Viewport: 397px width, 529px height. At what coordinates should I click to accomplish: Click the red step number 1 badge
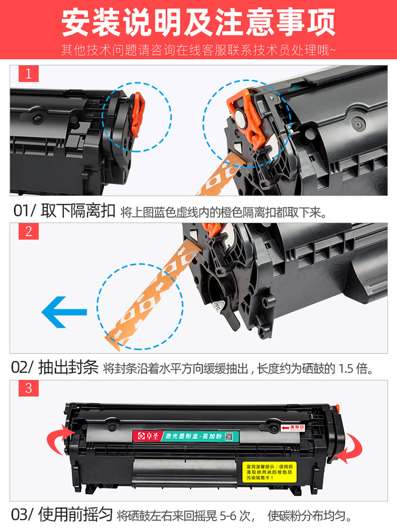click(x=29, y=74)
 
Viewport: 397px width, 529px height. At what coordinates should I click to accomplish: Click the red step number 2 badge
click(x=29, y=231)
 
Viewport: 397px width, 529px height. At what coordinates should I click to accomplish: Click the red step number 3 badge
click(x=29, y=388)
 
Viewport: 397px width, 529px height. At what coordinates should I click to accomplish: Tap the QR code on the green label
click(x=229, y=436)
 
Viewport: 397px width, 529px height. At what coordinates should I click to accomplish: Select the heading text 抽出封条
click(x=69, y=368)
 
